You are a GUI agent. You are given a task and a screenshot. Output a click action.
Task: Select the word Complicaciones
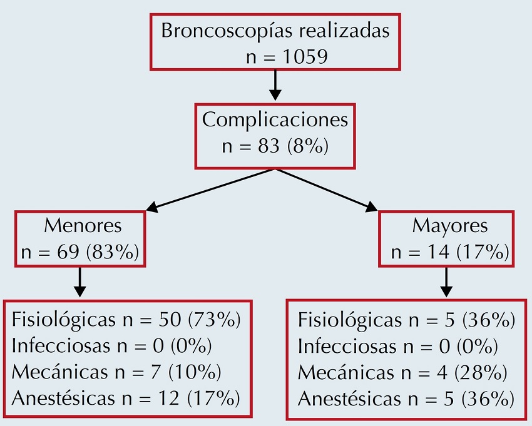[x=275, y=119]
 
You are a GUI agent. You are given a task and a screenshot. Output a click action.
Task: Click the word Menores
[x=83, y=225]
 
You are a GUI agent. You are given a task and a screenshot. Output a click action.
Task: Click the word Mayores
[x=449, y=225]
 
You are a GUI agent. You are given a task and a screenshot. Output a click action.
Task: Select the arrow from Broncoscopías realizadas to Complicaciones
[x=275, y=84]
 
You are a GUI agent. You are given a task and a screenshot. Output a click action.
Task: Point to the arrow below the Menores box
[x=79, y=282]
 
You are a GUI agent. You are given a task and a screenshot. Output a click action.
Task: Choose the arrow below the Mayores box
[x=446, y=282]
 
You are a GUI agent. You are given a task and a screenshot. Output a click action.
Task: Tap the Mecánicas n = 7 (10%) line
[x=116, y=372]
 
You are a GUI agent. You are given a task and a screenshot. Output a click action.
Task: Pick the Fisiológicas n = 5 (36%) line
[x=406, y=321]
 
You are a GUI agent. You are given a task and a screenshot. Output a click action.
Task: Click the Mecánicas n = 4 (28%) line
[x=402, y=372]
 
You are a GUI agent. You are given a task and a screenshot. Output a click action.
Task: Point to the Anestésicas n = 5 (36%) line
[x=406, y=397]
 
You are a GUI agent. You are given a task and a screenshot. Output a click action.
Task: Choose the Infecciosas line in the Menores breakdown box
[x=112, y=347]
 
